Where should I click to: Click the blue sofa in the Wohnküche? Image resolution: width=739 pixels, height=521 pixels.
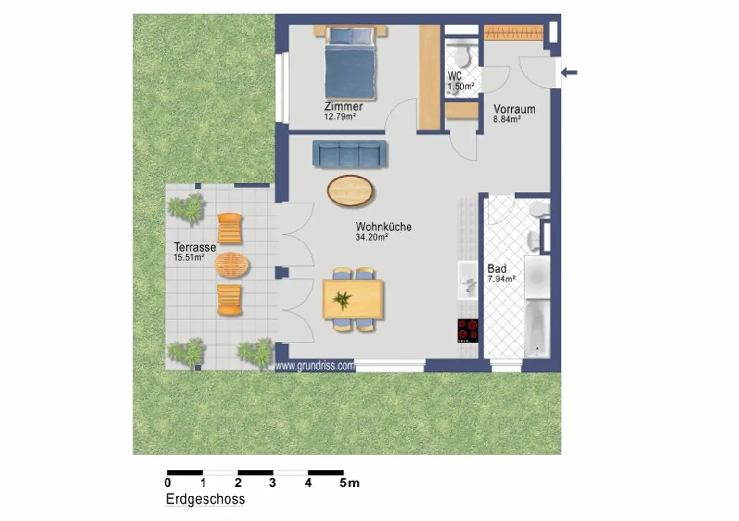(x=350, y=154)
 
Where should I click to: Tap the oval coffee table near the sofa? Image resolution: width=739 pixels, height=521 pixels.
(x=350, y=191)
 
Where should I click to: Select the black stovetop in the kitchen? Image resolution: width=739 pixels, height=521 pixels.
(x=468, y=330)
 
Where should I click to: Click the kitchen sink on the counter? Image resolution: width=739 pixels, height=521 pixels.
(x=468, y=280)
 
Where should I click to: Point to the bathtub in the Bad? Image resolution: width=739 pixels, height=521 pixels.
(x=537, y=328)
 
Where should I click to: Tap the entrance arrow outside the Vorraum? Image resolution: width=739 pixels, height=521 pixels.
(x=569, y=72)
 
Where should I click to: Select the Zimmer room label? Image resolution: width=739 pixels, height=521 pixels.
(x=343, y=106)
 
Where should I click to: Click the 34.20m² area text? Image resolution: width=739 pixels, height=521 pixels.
(x=371, y=237)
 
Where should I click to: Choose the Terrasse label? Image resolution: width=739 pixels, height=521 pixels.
(x=195, y=247)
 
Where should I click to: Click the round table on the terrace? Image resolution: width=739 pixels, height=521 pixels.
(x=231, y=265)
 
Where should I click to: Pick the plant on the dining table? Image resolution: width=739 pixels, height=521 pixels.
(x=342, y=300)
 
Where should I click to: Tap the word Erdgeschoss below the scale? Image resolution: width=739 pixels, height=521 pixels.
(x=205, y=498)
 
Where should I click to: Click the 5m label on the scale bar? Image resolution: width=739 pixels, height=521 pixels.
(x=350, y=483)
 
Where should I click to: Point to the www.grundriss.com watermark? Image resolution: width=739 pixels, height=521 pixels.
(x=315, y=366)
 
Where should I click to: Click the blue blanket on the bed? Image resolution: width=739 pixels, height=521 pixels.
(x=350, y=70)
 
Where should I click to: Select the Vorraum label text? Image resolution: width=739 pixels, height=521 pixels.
(x=514, y=109)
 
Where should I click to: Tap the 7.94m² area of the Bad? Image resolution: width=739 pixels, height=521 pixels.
(x=501, y=279)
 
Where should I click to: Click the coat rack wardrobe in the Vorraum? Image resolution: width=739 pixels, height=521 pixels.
(x=514, y=33)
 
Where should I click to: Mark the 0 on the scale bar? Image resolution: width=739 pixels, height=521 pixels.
(x=167, y=483)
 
